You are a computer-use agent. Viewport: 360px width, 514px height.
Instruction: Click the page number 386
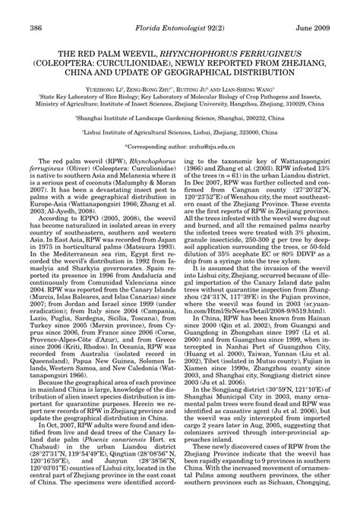[x=34, y=8]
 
